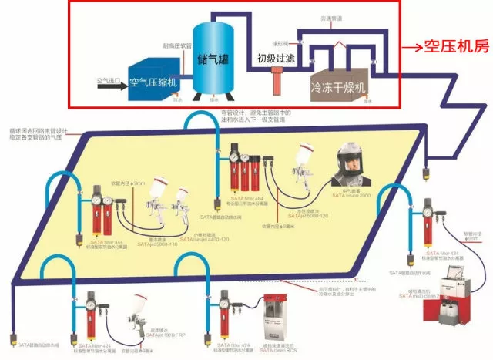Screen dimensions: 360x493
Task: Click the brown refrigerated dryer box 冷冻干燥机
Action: [340, 86]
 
